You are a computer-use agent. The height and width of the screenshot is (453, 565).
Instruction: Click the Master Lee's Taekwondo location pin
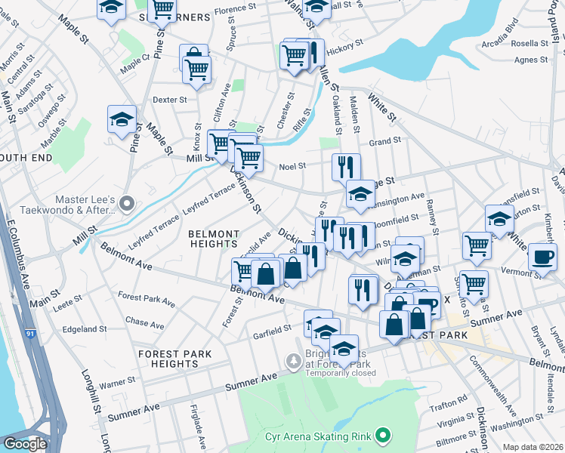click(x=126, y=203)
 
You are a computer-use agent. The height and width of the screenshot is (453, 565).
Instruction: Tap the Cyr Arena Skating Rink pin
click(x=383, y=435)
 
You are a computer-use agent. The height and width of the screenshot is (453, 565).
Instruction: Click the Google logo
click(x=25, y=444)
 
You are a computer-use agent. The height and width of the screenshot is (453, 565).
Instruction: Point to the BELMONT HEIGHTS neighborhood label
click(x=214, y=239)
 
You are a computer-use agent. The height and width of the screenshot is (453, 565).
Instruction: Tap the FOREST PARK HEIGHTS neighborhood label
click(x=174, y=359)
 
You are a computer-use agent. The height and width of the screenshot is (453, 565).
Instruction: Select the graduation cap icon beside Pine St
click(x=122, y=119)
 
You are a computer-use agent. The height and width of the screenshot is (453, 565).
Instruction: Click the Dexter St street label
click(x=169, y=100)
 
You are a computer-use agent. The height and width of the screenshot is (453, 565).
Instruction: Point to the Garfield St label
click(x=272, y=330)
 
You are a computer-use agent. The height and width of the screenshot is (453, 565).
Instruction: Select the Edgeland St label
click(x=85, y=329)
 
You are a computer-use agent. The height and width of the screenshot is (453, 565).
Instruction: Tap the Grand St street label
click(x=384, y=141)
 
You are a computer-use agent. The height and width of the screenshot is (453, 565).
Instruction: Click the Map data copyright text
click(x=533, y=447)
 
